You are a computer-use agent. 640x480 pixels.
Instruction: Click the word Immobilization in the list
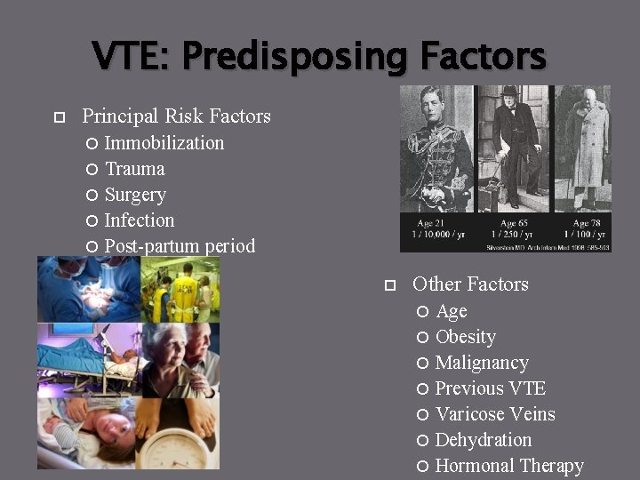point(164,143)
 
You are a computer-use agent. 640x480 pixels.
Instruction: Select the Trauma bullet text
point(134,169)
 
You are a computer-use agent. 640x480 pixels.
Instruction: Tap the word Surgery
point(135,195)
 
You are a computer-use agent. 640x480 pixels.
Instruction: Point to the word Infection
point(140,220)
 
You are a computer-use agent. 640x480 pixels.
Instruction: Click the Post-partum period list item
point(180,246)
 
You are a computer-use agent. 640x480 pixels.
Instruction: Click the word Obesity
point(466,337)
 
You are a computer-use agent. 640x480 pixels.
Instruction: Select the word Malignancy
point(482,363)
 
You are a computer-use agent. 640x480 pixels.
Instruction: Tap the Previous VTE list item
point(491,388)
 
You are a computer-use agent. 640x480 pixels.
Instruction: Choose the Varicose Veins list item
point(495,414)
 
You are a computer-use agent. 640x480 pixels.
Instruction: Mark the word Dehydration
point(484,440)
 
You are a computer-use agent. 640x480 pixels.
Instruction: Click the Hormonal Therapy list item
point(509,466)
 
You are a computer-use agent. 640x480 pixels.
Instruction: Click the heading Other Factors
point(470,284)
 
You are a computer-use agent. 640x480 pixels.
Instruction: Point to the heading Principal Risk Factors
point(176,116)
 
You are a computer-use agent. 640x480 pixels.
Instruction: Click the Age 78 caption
point(588,223)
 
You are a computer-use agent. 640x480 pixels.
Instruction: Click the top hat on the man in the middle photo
point(508,92)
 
